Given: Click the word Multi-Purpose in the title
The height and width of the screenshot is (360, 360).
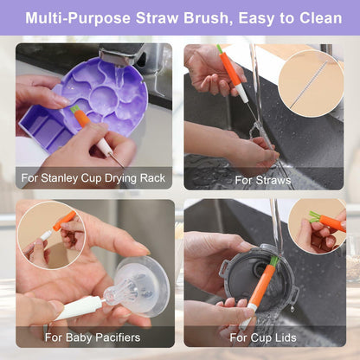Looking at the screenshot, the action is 78,18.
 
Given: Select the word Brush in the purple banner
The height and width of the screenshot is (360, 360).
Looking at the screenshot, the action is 206,18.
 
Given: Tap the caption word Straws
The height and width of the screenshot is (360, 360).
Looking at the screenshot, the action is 273,181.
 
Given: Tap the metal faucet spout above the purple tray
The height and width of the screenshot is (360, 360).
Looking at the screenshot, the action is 121,54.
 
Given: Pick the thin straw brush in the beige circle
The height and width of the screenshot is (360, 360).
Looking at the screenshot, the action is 309,85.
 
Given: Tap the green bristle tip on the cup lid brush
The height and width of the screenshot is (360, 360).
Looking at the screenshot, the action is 274,260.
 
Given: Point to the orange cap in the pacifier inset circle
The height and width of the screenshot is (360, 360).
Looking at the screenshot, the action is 65,220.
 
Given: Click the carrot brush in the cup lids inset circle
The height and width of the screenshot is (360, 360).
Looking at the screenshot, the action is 327,221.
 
